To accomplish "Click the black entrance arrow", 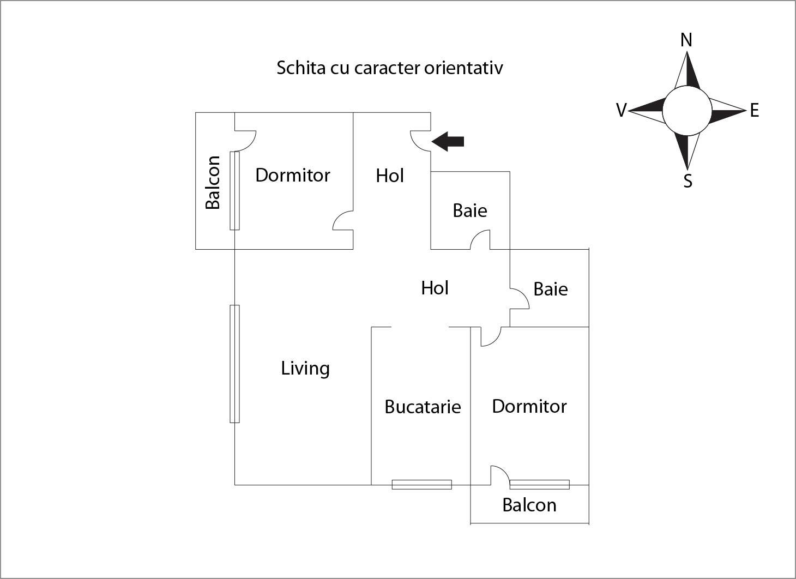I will click(448, 141).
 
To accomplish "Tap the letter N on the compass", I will click(686, 40).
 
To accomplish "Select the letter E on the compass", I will click(755, 111).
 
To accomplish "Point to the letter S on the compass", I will click(688, 181).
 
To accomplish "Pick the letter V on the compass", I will click(621, 111).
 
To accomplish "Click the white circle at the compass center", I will click(687, 111).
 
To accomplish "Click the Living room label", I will click(305, 369).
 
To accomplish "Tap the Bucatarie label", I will click(423, 407).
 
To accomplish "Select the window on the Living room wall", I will click(234, 364).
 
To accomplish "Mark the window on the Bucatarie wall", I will click(422, 484).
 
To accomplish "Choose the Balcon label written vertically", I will click(213, 183).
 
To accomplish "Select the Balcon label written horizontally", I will click(529, 505).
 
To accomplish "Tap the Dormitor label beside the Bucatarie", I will click(529, 406).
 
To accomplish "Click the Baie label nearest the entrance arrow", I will click(470, 210).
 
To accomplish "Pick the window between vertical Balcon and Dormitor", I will click(234, 190).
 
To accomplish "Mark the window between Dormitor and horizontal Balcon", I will click(540, 484).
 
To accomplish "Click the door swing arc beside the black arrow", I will click(419, 141).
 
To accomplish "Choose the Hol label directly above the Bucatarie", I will click(435, 288).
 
